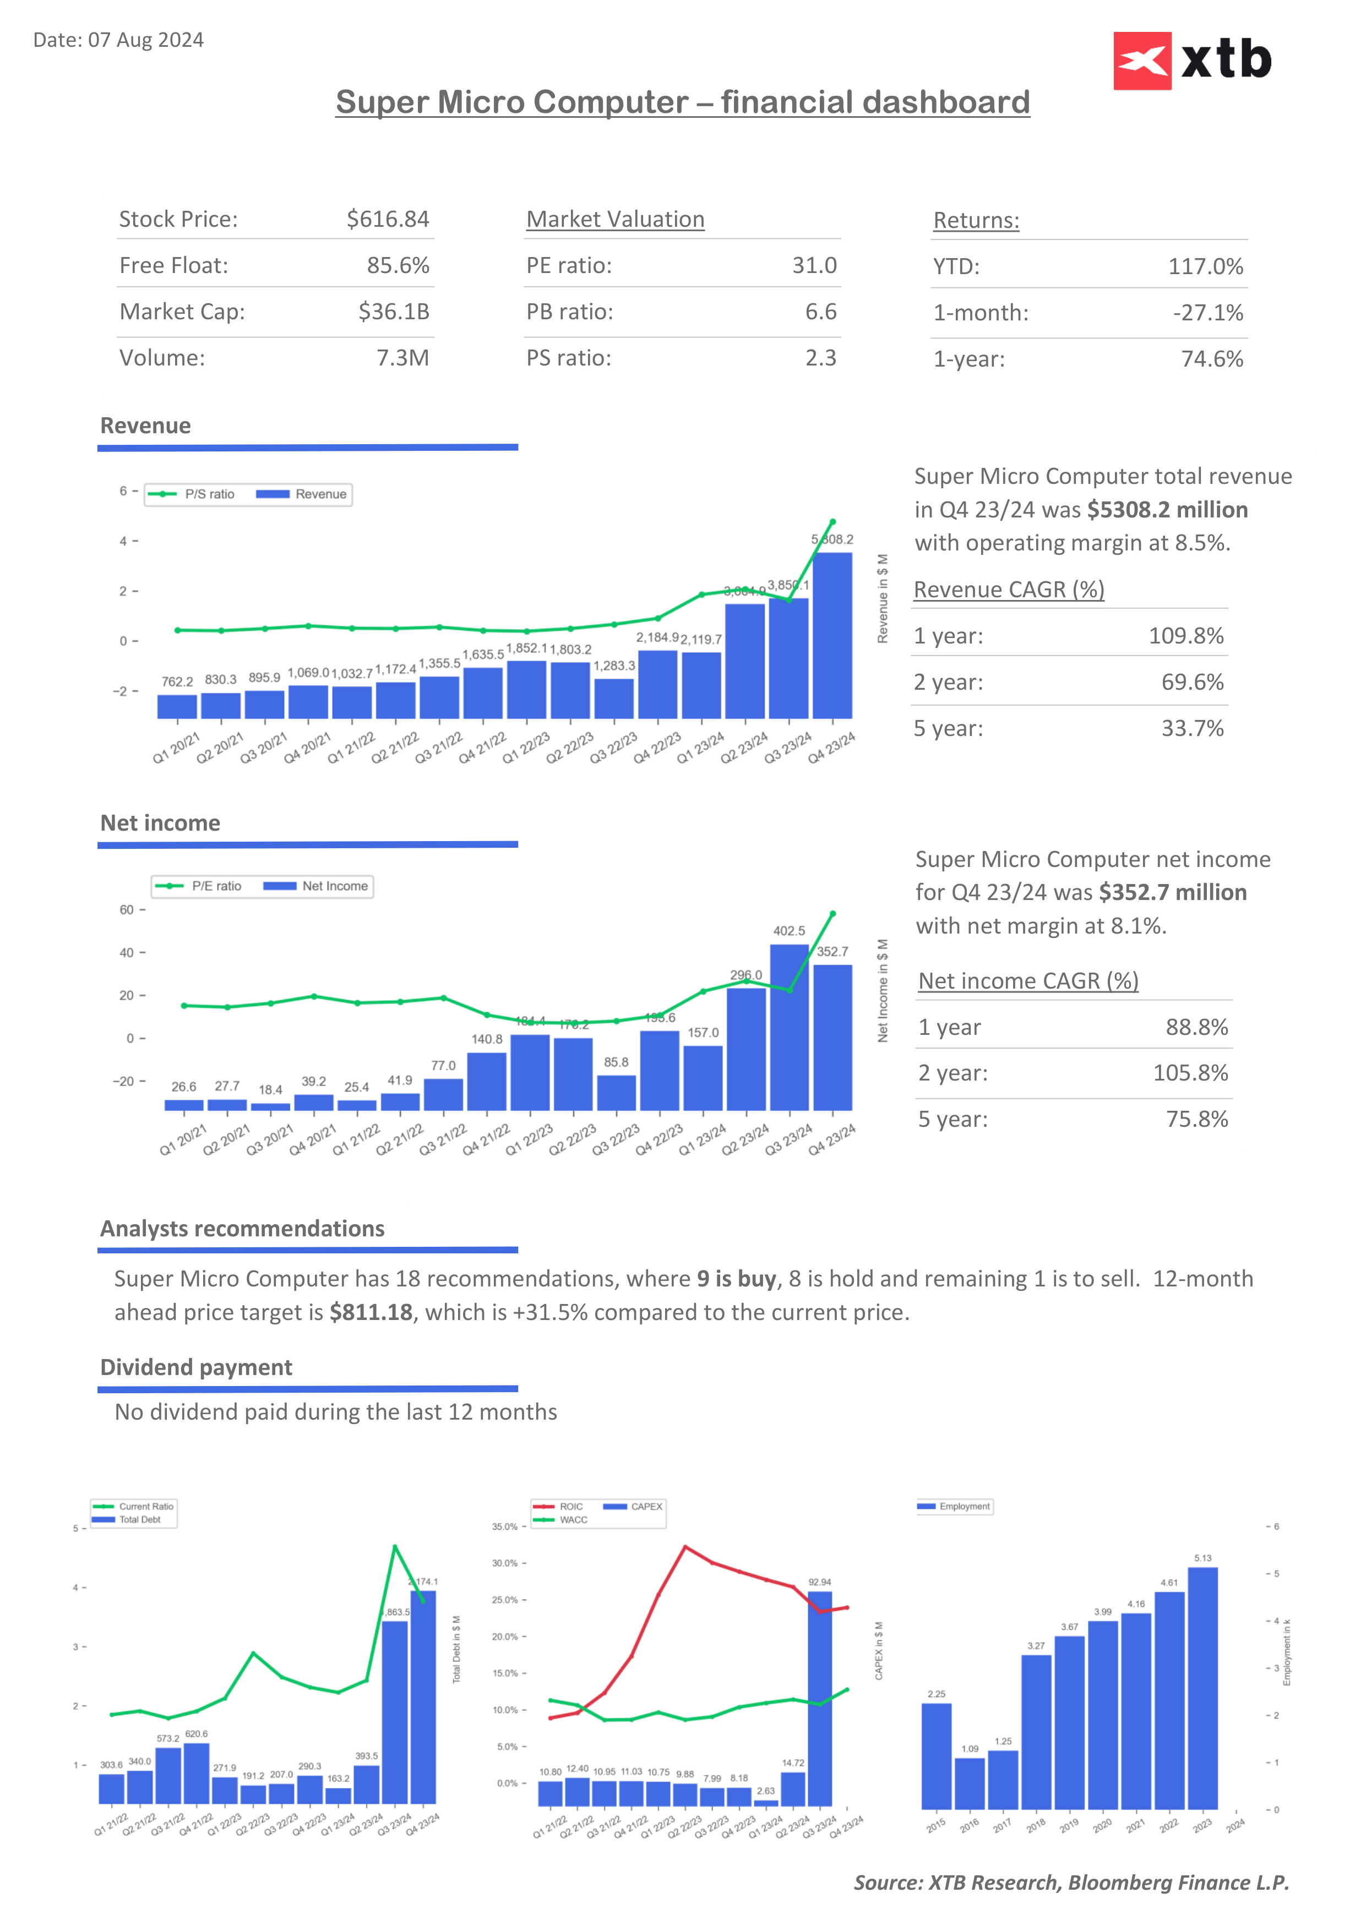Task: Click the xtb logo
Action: tap(1192, 61)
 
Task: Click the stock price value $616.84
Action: tap(388, 220)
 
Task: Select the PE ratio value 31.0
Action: tap(813, 266)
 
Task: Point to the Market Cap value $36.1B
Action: tap(394, 312)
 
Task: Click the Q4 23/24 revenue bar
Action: tap(832, 636)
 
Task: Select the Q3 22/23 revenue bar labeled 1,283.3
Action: tap(614, 698)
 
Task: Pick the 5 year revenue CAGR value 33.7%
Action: tap(1192, 728)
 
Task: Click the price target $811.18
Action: tap(371, 1313)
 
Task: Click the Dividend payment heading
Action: tap(196, 1367)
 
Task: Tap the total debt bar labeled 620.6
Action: tap(196, 1774)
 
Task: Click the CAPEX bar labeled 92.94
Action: tap(819, 1699)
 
